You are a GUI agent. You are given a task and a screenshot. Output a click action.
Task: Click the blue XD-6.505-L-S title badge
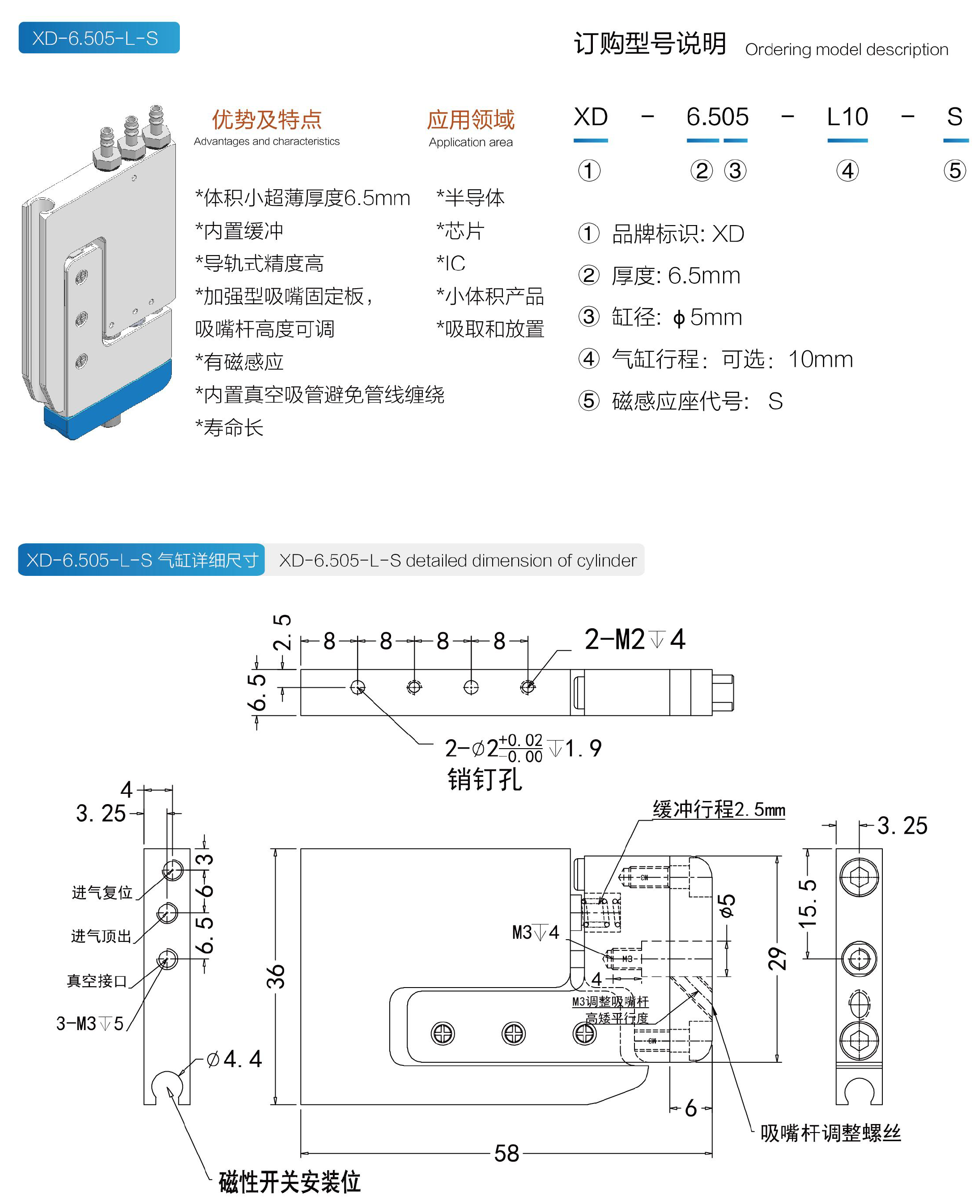[99, 38]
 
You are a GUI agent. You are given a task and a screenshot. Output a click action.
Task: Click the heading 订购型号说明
[650, 43]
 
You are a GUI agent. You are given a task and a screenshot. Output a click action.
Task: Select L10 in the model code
[847, 117]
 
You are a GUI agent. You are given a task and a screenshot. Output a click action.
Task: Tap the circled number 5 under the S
[954, 170]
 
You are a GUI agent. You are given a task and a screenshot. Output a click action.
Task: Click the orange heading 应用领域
[470, 119]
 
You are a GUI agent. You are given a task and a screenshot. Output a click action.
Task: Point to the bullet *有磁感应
[239, 362]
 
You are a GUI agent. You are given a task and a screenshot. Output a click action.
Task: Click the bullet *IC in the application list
[451, 263]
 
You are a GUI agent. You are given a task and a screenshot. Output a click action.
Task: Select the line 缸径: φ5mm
[677, 317]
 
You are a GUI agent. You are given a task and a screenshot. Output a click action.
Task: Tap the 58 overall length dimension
[506, 1153]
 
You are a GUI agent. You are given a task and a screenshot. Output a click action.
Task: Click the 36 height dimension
[275, 975]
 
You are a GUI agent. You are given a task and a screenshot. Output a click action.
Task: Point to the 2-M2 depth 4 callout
[634, 639]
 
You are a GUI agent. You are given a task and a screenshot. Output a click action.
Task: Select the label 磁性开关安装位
[289, 1181]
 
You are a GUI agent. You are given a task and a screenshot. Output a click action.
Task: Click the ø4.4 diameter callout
[234, 1058]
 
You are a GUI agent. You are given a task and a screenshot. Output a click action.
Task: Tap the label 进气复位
[102, 892]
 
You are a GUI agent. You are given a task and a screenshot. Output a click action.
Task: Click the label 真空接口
[97, 980]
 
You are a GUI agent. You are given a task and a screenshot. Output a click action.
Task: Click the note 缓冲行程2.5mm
[719, 809]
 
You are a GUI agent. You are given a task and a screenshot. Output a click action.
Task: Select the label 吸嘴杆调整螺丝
[830, 1132]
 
